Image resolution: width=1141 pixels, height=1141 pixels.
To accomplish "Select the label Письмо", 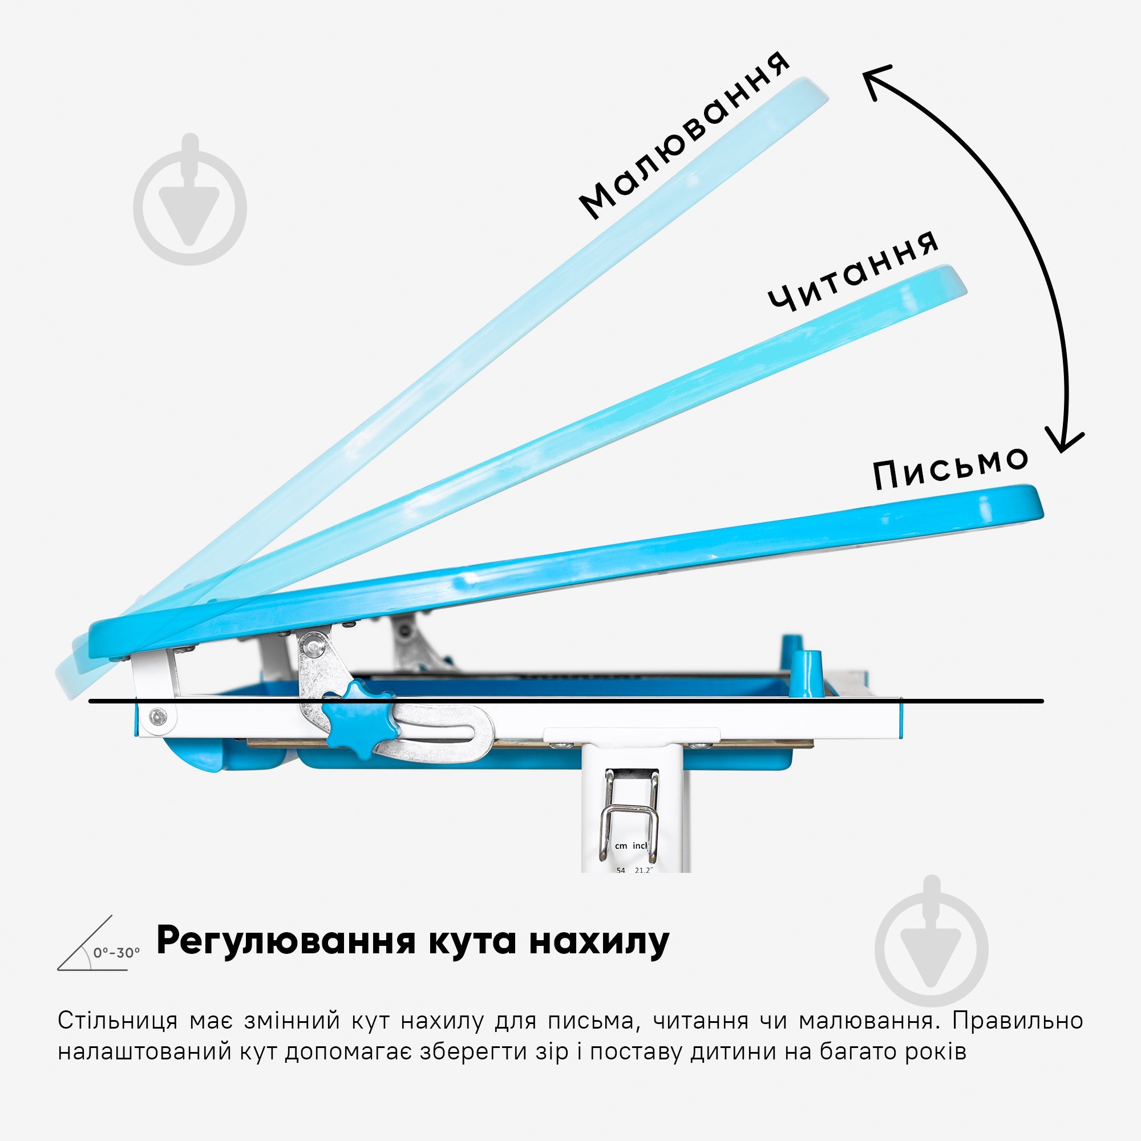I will pyautogui.click(x=951, y=468).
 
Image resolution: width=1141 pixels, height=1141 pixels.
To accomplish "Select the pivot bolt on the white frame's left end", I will pyautogui.click(x=157, y=717).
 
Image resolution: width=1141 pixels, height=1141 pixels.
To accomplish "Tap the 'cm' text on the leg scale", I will pyautogui.click(x=621, y=845).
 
